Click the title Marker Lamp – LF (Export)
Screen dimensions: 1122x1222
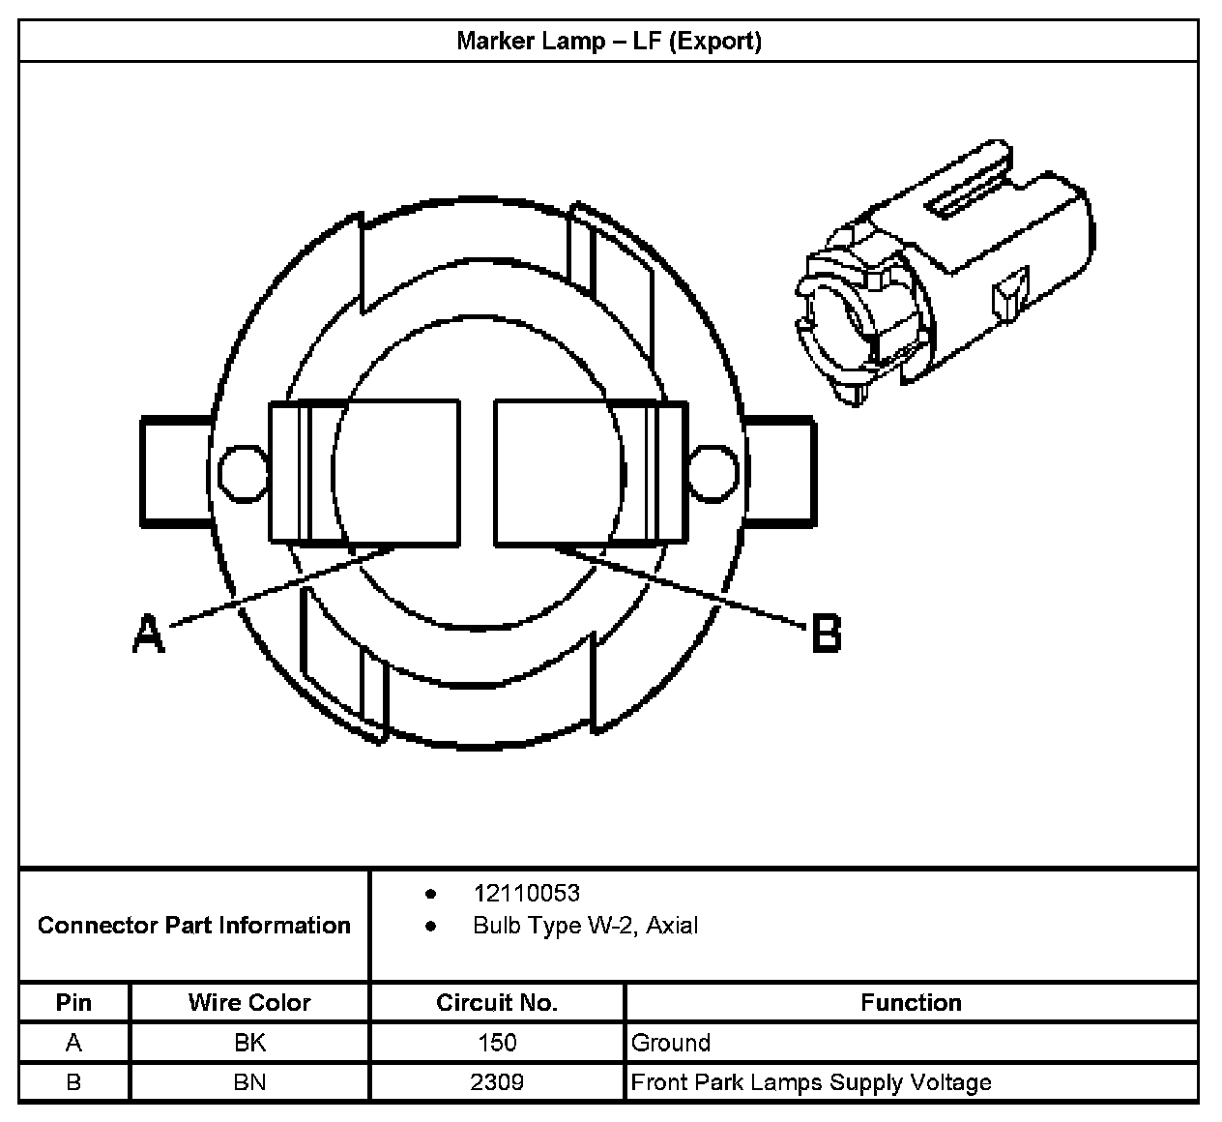pos(609,42)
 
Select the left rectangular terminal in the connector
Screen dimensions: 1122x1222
pos(364,471)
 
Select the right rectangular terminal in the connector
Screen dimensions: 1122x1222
pos(590,473)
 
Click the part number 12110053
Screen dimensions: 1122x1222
pos(526,894)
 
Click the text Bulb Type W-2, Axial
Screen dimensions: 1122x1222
pos(585,926)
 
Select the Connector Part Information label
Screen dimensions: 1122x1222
pos(193,926)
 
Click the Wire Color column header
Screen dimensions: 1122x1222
pos(249,1003)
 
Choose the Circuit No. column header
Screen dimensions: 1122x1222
pos(497,1003)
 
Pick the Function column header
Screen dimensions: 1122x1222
pos(911,1003)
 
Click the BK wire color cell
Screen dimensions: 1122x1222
pos(249,1043)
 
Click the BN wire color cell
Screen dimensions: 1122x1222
pos(249,1082)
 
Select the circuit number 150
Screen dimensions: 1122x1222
pos(497,1043)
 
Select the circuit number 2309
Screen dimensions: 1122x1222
pos(497,1082)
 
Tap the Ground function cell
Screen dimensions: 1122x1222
pos(671,1043)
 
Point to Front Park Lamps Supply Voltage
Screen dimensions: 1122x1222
pos(811,1082)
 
